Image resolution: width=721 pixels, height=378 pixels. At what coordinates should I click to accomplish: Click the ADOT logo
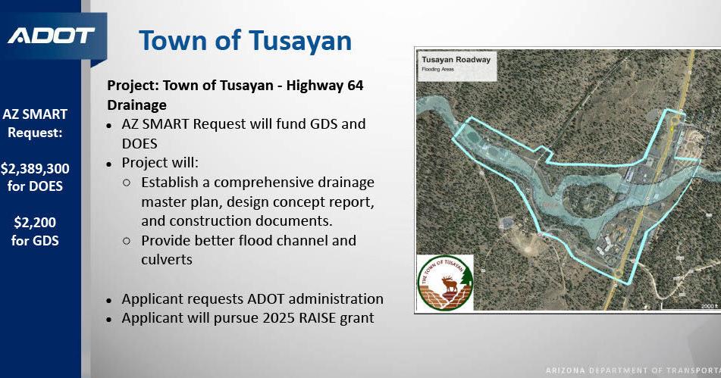[x=52, y=36]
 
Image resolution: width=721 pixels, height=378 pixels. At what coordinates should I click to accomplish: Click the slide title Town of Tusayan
[x=246, y=40]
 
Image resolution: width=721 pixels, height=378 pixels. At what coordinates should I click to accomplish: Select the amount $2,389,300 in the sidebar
[x=34, y=168]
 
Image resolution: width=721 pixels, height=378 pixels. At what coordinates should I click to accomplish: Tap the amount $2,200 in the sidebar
[x=34, y=222]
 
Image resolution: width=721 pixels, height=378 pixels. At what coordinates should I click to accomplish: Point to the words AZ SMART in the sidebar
[x=34, y=114]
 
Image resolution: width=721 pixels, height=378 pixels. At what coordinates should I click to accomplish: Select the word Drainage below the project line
[x=137, y=105]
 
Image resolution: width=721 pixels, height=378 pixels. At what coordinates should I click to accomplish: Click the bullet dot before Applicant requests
[x=110, y=300]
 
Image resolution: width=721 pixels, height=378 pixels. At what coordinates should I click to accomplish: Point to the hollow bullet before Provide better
[x=127, y=241]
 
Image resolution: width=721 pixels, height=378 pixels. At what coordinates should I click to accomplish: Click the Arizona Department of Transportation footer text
[x=632, y=370]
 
